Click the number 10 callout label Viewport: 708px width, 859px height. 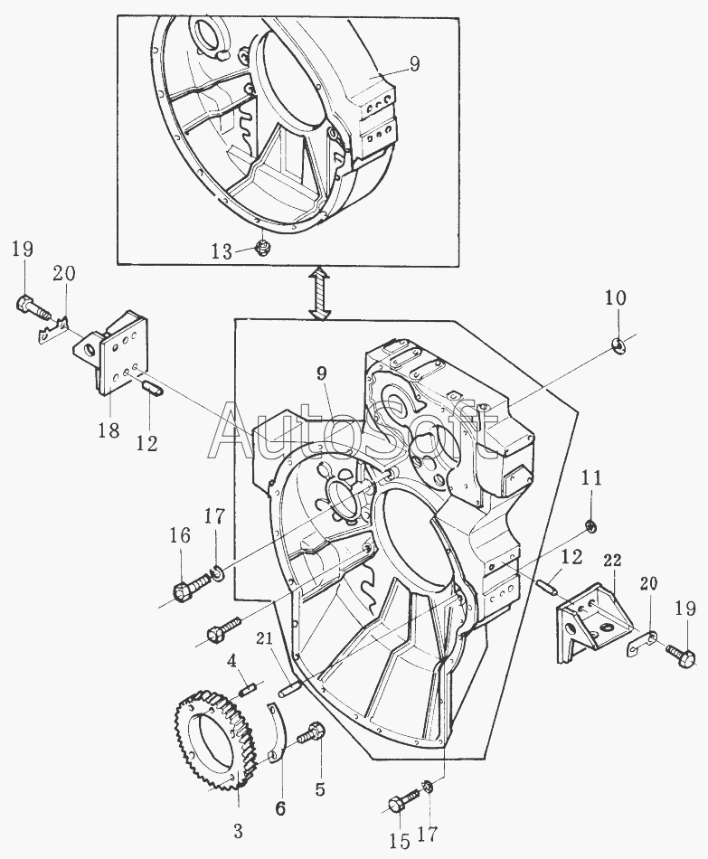[615, 297]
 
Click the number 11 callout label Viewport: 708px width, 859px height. [590, 479]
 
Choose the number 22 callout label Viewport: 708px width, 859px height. [612, 562]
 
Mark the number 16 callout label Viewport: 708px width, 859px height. [180, 535]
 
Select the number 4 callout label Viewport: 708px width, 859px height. [232, 660]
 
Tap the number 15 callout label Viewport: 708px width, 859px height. [399, 842]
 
